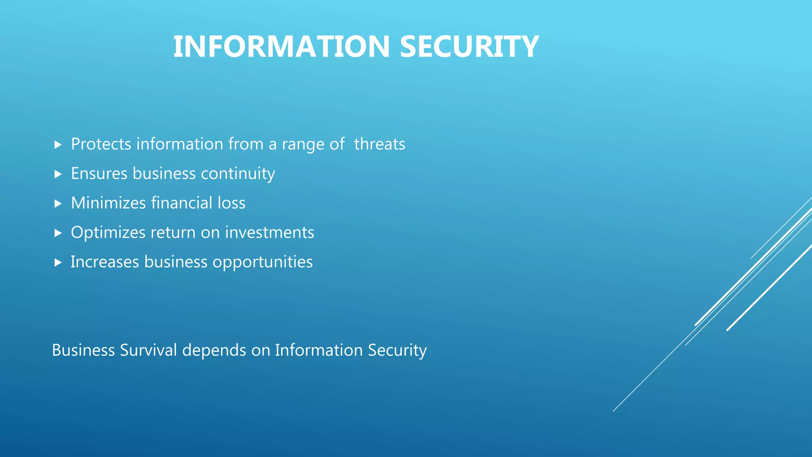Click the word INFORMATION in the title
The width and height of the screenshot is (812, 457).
tap(282, 47)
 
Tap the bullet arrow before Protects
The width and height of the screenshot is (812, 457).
tap(58, 144)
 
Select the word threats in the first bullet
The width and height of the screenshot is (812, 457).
tap(379, 144)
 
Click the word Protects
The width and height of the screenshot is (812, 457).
tap(101, 144)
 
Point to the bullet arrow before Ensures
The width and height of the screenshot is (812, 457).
tap(58, 174)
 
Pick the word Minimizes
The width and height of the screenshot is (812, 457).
tap(108, 203)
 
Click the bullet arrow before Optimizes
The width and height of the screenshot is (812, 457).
tap(58, 233)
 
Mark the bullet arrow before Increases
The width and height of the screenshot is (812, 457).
tap(58, 262)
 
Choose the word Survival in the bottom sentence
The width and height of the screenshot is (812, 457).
tap(148, 350)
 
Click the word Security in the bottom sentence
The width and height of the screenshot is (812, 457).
tap(397, 350)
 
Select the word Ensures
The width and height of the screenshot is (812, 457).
tap(99, 174)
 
